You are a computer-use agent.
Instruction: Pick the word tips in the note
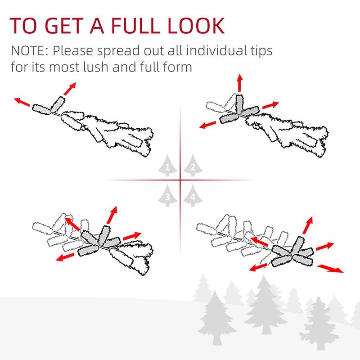click(259, 50)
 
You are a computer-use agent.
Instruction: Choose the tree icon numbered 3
click(167, 195)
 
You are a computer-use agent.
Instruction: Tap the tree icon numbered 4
click(193, 195)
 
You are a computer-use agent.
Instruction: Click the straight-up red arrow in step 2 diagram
click(239, 84)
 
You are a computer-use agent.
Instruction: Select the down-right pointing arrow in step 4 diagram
click(330, 269)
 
